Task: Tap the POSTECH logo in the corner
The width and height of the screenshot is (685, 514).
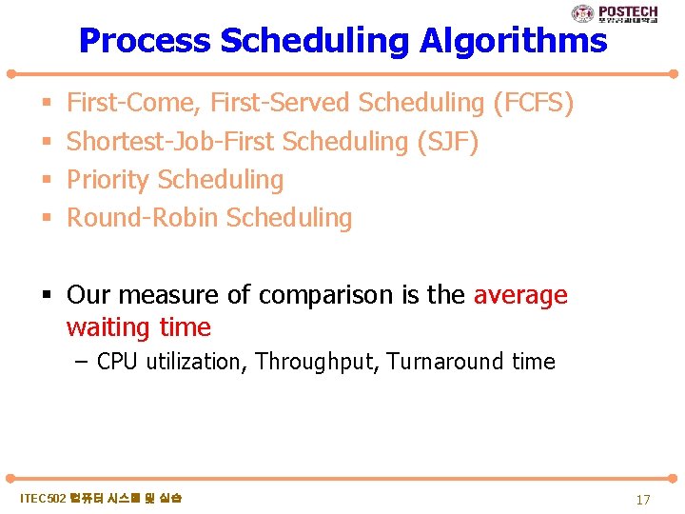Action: point(614,13)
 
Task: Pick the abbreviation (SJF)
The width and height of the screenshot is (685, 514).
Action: point(448,141)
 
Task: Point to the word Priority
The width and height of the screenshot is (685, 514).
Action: point(108,179)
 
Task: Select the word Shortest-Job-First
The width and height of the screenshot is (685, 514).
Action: point(167,141)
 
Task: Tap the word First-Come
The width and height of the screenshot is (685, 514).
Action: point(132,102)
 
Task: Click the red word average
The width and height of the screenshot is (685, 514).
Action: point(519,295)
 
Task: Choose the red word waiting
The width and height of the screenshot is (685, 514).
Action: point(108,327)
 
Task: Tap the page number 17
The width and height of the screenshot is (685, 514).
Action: point(643,500)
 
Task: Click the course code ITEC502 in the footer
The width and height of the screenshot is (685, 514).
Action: point(44,499)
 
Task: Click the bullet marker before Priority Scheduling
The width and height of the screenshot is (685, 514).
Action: point(47,180)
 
